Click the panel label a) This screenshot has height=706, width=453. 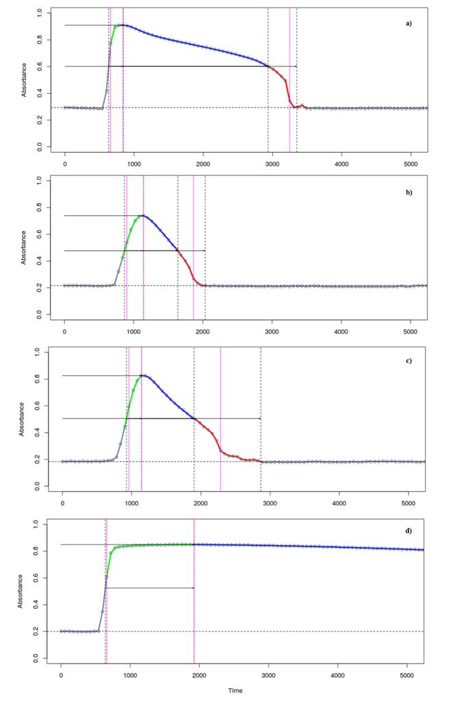click(409, 23)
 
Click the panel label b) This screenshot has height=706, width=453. click(409, 192)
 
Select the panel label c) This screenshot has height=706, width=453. click(409, 360)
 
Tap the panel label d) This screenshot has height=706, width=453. click(409, 531)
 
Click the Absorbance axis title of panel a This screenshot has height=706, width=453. click(24, 80)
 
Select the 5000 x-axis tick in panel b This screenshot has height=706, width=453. click(411, 331)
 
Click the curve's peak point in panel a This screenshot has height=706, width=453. click(121, 25)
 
